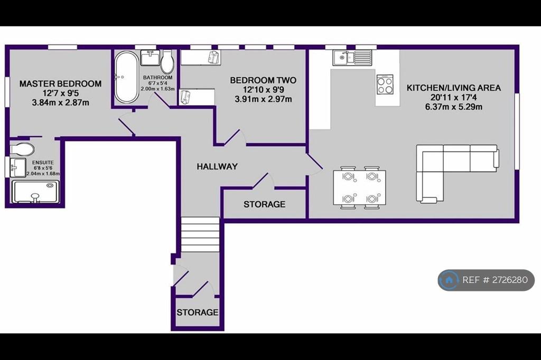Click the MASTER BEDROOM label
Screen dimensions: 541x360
pyautogui.click(x=60, y=84)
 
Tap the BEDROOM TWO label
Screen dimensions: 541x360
pyautogui.click(x=263, y=80)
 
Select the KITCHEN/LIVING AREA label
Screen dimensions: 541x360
pyautogui.click(x=454, y=88)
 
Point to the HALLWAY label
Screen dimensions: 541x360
pyautogui.click(x=217, y=167)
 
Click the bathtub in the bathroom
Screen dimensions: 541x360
pyautogui.click(x=126, y=77)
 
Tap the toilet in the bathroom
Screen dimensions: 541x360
pyautogui.click(x=167, y=62)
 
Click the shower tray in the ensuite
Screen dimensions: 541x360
pyautogui.click(x=35, y=192)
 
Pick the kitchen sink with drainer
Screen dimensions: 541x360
pyautogui.click(x=352, y=58)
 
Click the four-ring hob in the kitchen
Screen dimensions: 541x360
pyautogui.click(x=385, y=84)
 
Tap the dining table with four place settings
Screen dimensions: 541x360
pyautogui.click(x=359, y=187)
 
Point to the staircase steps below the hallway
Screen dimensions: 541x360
pyautogui.click(x=200, y=234)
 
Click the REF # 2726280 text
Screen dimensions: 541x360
pyautogui.click(x=495, y=280)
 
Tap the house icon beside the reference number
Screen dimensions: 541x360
pyautogui.click(x=449, y=280)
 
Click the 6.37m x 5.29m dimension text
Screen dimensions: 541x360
pyautogui.click(x=454, y=107)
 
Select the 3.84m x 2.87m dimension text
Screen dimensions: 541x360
pyautogui.click(x=60, y=103)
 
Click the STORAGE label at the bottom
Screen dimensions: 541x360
pyautogui.click(x=198, y=312)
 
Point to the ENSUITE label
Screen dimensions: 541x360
pyautogui.click(x=43, y=163)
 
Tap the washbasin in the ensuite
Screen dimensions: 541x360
pyautogui.click(x=17, y=167)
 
